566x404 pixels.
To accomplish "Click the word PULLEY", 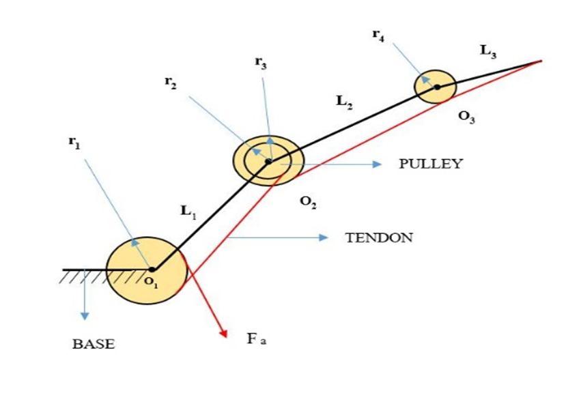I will [430, 164].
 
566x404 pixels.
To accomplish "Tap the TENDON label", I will [379, 237].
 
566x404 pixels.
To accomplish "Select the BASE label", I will [94, 344].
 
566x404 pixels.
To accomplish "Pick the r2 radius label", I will [169, 82].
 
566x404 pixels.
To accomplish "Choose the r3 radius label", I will [260, 63].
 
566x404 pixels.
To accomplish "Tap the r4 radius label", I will [378, 35].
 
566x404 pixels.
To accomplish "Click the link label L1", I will [188, 212].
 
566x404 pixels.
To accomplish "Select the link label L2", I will [345, 102].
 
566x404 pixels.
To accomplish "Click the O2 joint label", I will [308, 203].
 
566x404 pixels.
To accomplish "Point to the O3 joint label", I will [467, 117].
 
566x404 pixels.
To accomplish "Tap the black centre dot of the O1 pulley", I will [152, 269].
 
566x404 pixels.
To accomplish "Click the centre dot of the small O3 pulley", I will [436, 86].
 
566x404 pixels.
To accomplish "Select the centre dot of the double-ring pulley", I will [268, 162].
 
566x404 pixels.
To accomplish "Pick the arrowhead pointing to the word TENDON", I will [324, 237].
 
